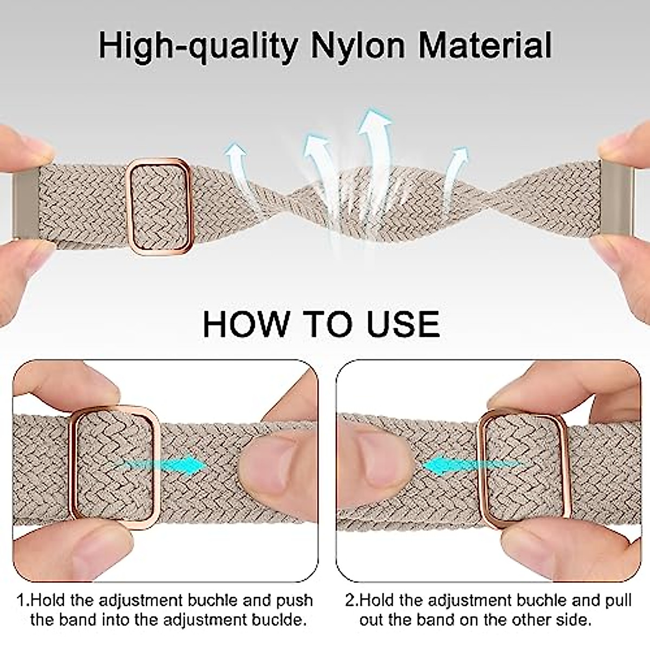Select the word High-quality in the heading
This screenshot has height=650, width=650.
pos(198,47)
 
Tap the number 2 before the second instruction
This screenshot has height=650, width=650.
pos(350,601)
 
